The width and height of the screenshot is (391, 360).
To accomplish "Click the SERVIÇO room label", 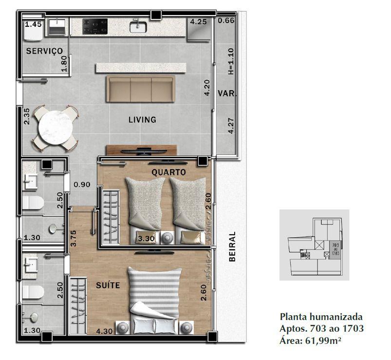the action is pyautogui.click(x=44, y=51).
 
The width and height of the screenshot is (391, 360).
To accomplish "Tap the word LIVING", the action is pyautogui.click(x=142, y=120).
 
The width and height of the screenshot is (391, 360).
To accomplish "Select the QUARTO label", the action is pyautogui.click(x=168, y=172).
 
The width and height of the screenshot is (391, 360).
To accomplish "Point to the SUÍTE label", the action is pyautogui.click(x=108, y=285).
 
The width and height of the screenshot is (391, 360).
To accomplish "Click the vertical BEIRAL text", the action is pyautogui.click(x=232, y=246).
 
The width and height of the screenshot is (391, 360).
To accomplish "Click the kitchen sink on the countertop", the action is pyautogui.click(x=138, y=26).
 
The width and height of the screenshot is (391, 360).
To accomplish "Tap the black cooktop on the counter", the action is pyautogui.click(x=95, y=26).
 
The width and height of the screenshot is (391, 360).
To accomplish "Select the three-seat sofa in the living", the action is pyautogui.click(x=141, y=89).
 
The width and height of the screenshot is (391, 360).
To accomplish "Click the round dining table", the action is pyautogui.click(x=56, y=128).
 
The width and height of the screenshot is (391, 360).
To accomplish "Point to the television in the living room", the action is pyautogui.click(x=144, y=151).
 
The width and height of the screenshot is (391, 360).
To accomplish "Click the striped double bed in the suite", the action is pyautogui.click(x=155, y=301).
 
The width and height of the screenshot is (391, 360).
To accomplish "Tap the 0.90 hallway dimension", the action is pyautogui.click(x=82, y=185).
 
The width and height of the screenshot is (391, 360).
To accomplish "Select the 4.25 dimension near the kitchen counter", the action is pyautogui.click(x=199, y=22).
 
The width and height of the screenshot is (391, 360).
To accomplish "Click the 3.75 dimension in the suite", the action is pyautogui.click(x=74, y=239).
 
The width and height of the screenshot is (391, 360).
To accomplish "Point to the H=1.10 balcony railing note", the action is pyautogui.click(x=231, y=61).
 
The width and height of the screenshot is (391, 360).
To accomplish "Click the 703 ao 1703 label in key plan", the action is pyautogui.click(x=335, y=249).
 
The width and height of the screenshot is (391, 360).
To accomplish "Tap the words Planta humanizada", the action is pyautogui.click(x=321, y=317).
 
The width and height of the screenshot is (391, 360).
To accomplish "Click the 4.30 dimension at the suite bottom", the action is pyautogui.click(x=104, y=331).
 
